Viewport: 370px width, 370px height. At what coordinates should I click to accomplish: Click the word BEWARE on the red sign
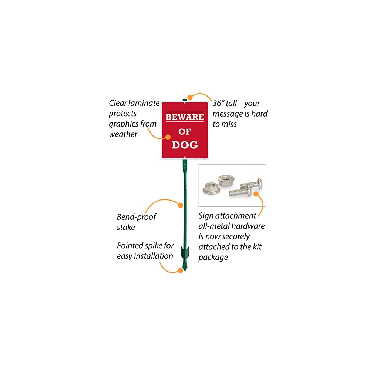(x=185, y=117)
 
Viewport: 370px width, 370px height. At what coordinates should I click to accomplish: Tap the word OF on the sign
(x=184, y=131)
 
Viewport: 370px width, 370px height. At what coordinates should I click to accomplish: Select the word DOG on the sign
(x=185, y=144)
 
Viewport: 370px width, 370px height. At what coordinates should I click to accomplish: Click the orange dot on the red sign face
(x=168, y=137)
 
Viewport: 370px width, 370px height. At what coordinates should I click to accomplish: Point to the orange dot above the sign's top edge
(x=190, y=98)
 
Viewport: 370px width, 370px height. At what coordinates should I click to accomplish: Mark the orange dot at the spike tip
(x=180, y=270)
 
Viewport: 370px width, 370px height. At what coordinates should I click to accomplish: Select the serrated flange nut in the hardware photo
(x=225, y=181)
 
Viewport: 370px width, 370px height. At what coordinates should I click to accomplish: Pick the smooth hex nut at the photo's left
(x=211, y=189)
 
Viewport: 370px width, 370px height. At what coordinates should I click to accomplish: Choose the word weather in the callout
(x=123, y=134)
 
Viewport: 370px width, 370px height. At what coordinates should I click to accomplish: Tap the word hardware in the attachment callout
(x=247, y=226)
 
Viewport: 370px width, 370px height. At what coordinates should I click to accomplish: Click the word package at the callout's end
(x=213, y=257)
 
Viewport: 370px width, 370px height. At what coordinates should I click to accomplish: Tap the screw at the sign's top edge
(x=185, y=104)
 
